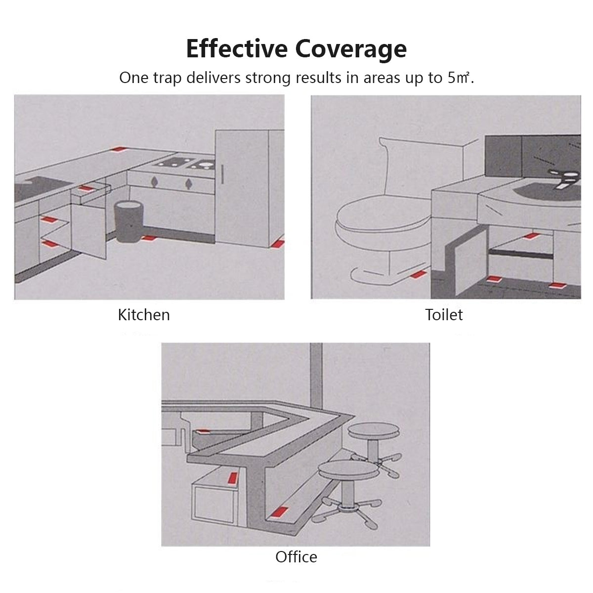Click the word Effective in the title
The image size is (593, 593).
point(237,48)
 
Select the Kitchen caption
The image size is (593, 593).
point(144,315)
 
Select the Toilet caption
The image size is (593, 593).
point(444,314)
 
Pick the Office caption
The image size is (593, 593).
point(296,557)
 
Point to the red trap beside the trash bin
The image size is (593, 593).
point(149,238)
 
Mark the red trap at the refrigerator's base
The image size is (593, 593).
point(278,243)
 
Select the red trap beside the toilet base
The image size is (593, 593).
point(419,274)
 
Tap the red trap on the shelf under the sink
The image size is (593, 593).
point(532,236)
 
